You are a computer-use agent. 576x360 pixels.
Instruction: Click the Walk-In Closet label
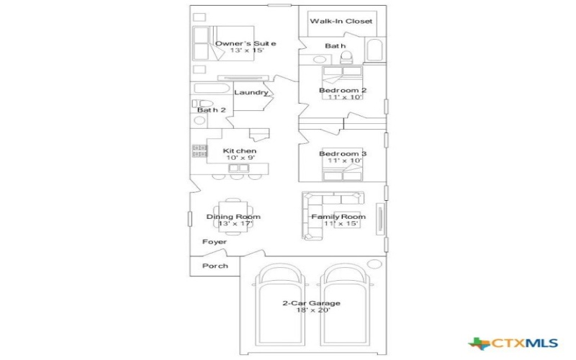[x=341, y=22]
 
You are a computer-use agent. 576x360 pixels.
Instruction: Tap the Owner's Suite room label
[x=246, y=44]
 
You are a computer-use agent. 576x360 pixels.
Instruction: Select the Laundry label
[x=251, y=92]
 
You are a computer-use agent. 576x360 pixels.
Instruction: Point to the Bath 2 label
[x=212, y=110]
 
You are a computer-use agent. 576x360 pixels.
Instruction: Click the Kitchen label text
[x=240, y=151]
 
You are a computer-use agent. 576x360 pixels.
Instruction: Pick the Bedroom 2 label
[x=343, y=90]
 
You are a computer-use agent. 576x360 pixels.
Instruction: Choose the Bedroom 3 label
[x=343, y=154]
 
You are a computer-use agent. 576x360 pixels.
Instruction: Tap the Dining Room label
[x=233, y=217]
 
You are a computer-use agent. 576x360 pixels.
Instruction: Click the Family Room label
[x=338, y=217]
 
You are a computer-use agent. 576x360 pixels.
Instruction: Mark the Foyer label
[x=215, y=242]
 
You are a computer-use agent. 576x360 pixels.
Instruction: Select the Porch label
[x=215, y=266]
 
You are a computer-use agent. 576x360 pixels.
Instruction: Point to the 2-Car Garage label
[x=311, y=303]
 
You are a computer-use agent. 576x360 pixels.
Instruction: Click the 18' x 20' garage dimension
[x=311, y=310]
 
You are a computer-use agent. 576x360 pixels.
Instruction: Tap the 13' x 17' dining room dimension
[x=233, y=224]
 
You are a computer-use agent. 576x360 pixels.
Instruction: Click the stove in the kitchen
[x=199, y=151]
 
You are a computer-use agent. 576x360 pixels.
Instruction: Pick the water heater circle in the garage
[x=374, y=264]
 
